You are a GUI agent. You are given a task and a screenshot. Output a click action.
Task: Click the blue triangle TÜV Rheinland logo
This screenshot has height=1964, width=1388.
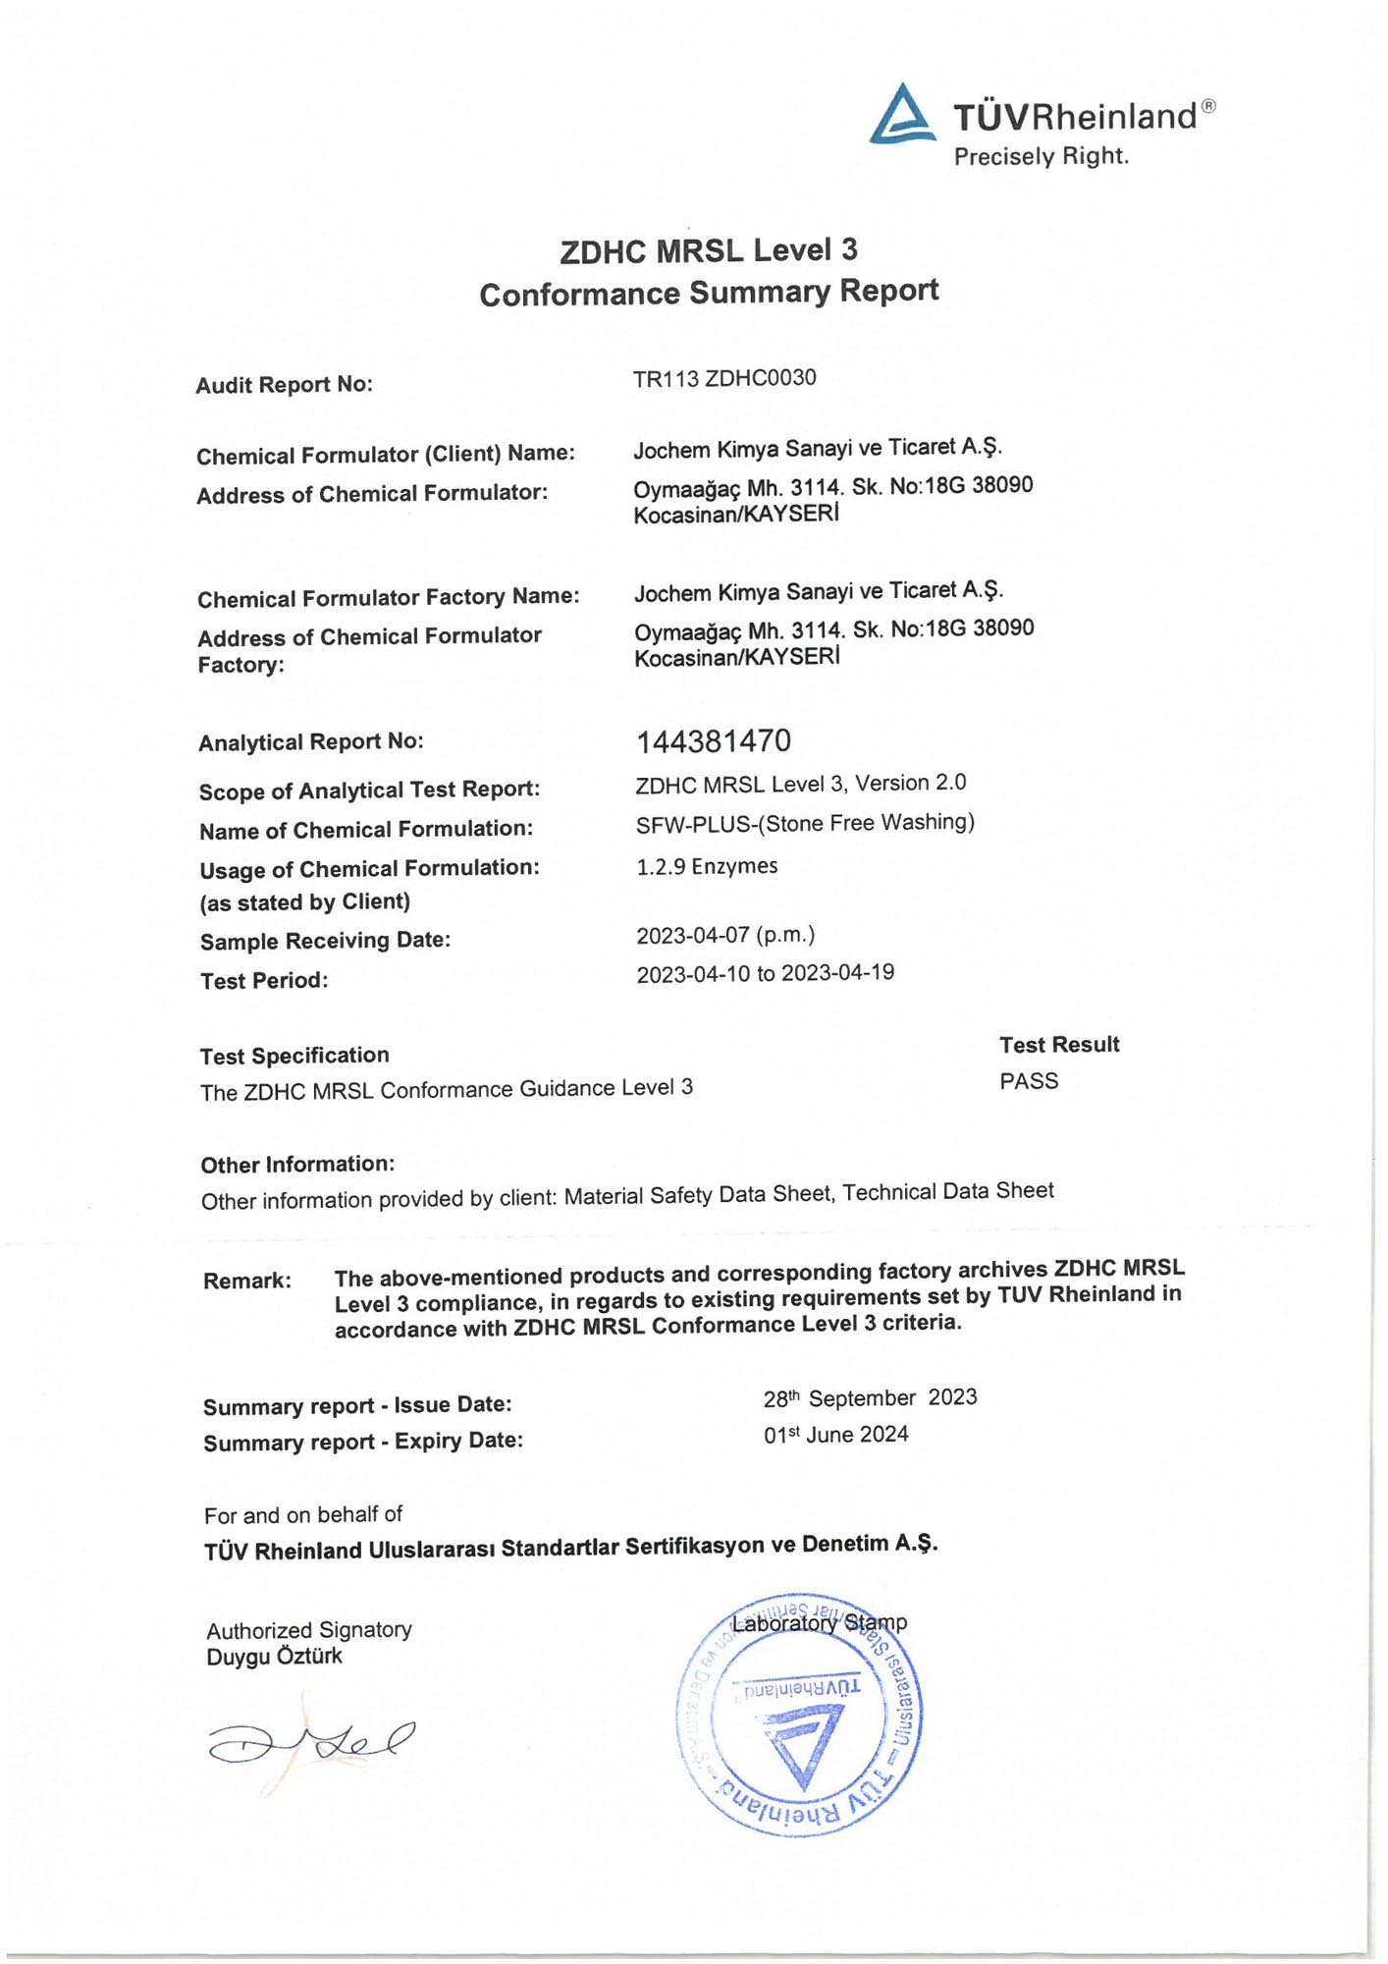(x=902, y=116)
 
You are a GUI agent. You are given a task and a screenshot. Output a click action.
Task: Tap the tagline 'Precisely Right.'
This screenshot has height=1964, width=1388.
(x=1041, y=157)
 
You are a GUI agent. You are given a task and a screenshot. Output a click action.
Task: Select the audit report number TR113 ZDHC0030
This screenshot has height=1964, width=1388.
(x=724, y=379)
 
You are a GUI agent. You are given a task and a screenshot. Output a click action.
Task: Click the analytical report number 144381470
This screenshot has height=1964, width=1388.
(x=714, y=741)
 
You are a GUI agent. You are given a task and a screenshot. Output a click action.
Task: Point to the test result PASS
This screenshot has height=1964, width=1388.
(x=1029, y=1081)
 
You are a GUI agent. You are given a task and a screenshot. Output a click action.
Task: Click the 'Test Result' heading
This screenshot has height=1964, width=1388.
(x=1059, y=1045)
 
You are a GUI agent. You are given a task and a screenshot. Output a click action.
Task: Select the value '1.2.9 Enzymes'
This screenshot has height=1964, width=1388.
(x=707, y=866)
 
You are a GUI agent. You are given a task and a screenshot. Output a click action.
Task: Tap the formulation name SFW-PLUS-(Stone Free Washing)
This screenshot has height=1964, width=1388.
(x=805, y=823)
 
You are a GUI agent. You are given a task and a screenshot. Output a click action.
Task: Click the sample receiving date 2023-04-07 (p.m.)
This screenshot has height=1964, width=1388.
(x=725, y=935)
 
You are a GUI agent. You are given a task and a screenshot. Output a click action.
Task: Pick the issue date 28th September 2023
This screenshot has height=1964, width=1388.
(x=870, y=1397)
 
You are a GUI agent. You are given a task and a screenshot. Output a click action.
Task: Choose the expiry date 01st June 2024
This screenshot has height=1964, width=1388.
(x=836, y=1435)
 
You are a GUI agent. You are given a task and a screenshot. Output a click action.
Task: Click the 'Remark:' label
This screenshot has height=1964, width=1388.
(x=247, y=1281)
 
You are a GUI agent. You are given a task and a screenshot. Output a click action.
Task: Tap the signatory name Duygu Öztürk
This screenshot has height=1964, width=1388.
(x=274, y=1657)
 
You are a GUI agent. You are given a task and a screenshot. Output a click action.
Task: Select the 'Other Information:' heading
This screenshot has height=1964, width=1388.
(x=297, y=1165)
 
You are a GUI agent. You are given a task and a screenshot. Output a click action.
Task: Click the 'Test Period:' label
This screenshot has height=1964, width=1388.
(x=264, y=981)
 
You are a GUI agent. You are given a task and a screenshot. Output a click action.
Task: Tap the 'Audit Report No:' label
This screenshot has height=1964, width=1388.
(x=285, y=385)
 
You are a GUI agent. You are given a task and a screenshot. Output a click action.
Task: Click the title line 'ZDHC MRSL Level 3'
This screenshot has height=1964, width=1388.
(x=709, y=251)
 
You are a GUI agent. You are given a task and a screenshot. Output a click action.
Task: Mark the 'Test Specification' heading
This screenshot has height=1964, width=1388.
(x=294, y=1056)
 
